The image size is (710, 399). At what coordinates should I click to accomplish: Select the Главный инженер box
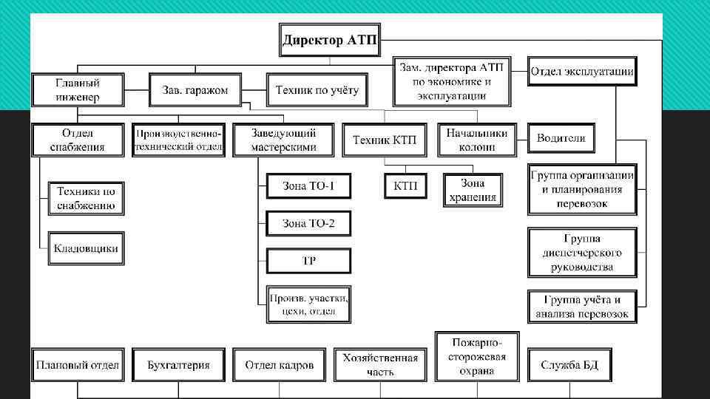click(x=78, y=89)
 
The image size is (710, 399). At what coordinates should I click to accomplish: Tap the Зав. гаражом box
click(x=195, y=90)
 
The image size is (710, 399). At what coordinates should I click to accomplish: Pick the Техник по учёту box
click(x=317, y=90)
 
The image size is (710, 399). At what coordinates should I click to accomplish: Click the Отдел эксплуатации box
click(x=581, y=72)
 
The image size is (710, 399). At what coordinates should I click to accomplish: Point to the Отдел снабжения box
click(x=78, y=140)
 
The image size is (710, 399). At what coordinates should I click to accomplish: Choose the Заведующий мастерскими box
click(x=274, y=140)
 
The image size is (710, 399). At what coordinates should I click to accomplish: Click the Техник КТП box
click(x=384, y=140)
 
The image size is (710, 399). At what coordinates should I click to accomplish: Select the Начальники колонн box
click(x=476, y=140)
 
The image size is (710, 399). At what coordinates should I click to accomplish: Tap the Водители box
click(x=561, y=138)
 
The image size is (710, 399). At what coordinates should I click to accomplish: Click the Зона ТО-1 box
click(x=308, y=185)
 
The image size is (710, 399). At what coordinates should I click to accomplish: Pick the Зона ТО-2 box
click(x=308, y=223)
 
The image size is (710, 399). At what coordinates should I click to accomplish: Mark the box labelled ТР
click(x=308, y=261)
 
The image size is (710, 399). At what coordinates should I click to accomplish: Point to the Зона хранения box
click(x=473, y=190)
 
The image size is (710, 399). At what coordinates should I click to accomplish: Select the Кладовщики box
click(x=86, y=248)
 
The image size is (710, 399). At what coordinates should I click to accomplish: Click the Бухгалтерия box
click(x=178, y=365)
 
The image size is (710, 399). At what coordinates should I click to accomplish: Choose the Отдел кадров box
click(x=279, y=365)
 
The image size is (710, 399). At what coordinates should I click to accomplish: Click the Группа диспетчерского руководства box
click(x=581, y=252)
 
